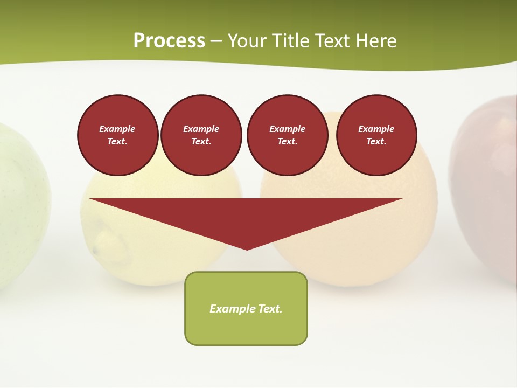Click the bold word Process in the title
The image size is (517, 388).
pos(169,41)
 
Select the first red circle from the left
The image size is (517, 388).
pos(117,135)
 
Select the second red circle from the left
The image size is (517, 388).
pos(201,135)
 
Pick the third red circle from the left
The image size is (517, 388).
pos(287,135)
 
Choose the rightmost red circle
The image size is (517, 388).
pos(376,135)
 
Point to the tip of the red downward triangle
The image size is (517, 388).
pos(247,248)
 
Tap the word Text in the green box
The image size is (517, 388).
pos(270,309)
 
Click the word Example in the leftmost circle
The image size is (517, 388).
pos(117,129)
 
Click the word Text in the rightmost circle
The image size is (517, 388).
pos(375,142)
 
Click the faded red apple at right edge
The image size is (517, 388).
pos(487,189)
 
